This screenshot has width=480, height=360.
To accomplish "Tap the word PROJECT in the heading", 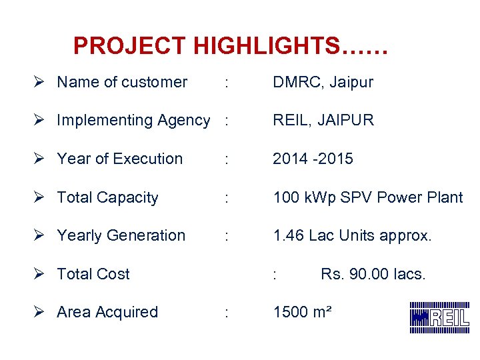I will coord(130,46).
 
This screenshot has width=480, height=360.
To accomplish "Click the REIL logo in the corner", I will coord(439,317).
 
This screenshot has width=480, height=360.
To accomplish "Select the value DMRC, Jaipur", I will coord(323,83).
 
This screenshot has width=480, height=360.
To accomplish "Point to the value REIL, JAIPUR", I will coord(323,121).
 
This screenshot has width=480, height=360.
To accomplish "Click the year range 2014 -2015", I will coord(313,159).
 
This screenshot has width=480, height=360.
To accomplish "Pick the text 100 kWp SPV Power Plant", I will coord(367,198).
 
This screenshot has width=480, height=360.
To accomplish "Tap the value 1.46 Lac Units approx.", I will coord(352,236).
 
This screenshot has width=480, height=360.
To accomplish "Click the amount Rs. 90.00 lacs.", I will coord(373,274).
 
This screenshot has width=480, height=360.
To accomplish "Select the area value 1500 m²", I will coord(302,312).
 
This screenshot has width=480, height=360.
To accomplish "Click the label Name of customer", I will coord(122,83).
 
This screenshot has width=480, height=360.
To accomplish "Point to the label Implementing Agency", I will coord(133,121).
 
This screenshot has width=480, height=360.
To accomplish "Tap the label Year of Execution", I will coord(120,159).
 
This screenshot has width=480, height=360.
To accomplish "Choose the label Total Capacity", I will coord(108,198).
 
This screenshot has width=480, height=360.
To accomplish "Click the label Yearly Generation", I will coord(121,236).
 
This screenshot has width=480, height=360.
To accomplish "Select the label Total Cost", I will coord(93,274).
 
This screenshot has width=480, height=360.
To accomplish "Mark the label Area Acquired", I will coord(107,312).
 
